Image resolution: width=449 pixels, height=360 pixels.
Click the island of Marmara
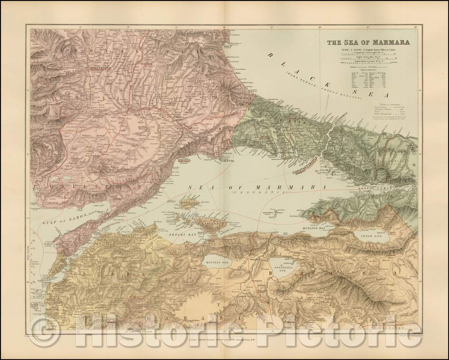[x=190, y=204]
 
